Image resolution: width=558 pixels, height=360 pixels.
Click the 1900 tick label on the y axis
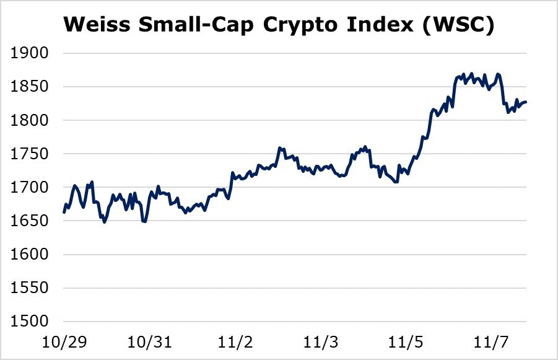point(30,54)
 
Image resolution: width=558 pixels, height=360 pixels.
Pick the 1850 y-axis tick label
point(30,87)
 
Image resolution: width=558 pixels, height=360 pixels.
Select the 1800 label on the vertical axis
point(30,121)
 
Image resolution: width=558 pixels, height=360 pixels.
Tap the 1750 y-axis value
point(30,154)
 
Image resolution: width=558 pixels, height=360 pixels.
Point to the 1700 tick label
point(30,188)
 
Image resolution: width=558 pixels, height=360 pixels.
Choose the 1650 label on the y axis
point(30,221)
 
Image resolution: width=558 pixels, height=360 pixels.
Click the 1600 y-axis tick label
point(30,255)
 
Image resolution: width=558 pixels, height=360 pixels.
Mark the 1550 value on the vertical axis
point(30,288)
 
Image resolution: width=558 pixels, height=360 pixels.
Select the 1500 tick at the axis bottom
point(30,322)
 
